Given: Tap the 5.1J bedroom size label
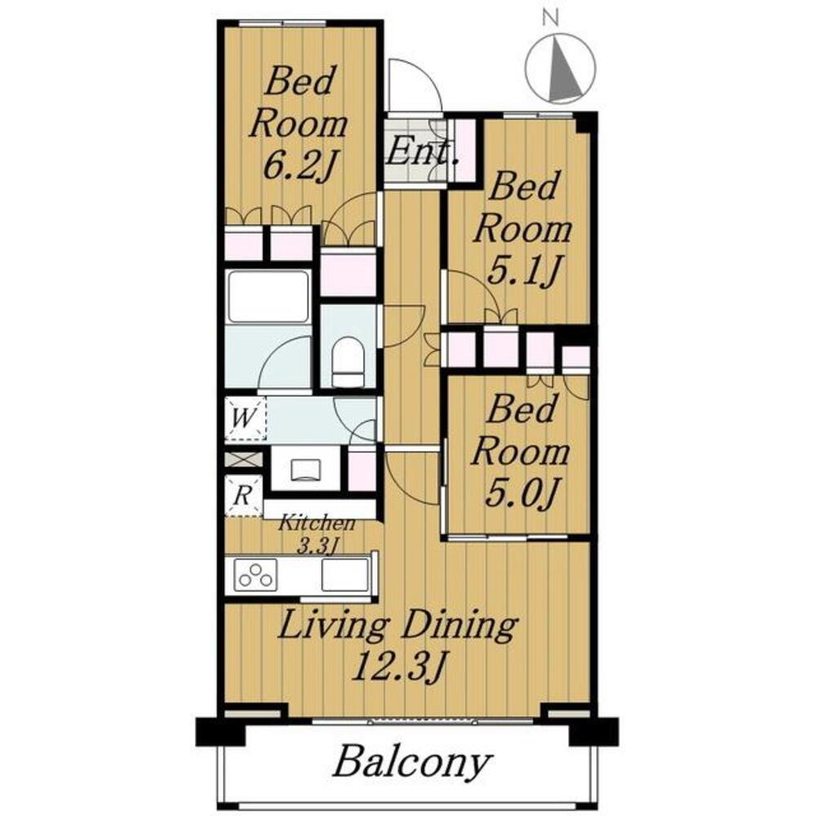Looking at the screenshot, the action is [x=523, y=272].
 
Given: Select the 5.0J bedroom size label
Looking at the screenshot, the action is [x=522, y=493].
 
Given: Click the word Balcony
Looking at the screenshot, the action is [x=411, y=764].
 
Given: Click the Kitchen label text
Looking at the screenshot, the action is [x=317, y=523].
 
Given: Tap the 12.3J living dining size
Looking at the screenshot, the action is [x=399, y=667].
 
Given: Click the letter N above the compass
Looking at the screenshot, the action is [x=550, y=19].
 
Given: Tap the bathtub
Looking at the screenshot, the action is [x=268, y=297].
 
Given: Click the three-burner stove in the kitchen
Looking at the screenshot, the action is [x=255, y=574].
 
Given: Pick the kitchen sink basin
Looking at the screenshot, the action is [x=344, y=574].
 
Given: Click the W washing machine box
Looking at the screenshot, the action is [x=245, y=419].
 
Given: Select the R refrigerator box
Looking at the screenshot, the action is [x=243, y=495].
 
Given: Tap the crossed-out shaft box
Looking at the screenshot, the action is [x=243, y=459].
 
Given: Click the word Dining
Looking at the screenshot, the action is [x=459, y=627].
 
